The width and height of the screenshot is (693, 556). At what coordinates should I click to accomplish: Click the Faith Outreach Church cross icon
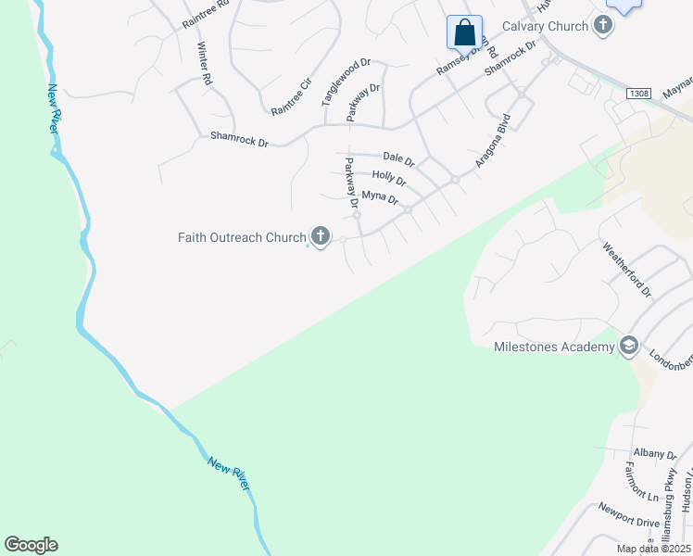pos(321,237)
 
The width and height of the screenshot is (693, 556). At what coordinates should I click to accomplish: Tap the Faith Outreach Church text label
pos(242,237)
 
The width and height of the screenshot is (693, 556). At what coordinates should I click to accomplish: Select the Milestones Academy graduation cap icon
pos(629,347)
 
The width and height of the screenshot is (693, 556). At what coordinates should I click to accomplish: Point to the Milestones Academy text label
pos(555,347)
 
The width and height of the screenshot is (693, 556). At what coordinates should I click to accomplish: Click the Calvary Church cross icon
pos(603,26)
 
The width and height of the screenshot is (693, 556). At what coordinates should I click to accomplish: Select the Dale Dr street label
pos(397,159)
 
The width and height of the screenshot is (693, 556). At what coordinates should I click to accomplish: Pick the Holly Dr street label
pos(389,177)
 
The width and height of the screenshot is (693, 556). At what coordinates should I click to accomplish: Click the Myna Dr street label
pos(380,197)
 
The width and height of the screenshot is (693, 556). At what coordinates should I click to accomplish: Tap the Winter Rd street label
pos(205,64)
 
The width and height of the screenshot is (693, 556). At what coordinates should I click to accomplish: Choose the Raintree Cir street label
pos(290,96)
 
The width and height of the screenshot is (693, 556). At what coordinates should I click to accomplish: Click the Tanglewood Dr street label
pos(346,81)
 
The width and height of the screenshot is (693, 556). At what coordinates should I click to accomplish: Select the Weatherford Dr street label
pos(628,270)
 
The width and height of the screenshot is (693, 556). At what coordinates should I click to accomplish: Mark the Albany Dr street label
pos(656,454)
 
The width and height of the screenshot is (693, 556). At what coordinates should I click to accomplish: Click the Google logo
pos(31,545)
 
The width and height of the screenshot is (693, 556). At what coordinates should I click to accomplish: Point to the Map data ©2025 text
pos(654,549)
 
